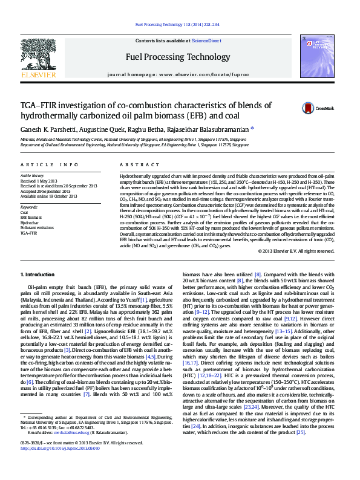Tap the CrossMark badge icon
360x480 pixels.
coord(309,108)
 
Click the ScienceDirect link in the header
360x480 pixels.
coord(206,40)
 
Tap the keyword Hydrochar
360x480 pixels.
coord(29,222)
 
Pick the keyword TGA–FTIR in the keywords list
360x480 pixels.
coord(28,232)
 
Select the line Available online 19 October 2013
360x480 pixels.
coord(49,196)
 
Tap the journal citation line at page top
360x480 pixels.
coord(177,25)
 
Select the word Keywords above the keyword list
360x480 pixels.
coord(29,207)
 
